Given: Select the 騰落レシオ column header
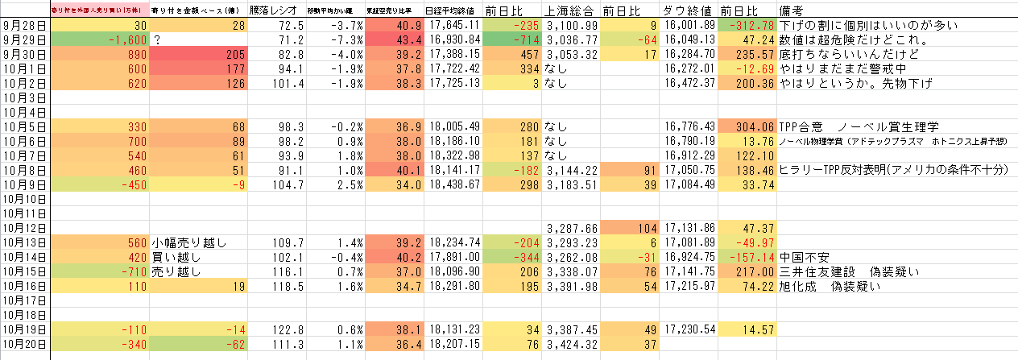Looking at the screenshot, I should tap(272, 10).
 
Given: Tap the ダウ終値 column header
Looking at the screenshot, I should tap(688, 10).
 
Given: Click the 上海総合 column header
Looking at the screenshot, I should tap(571, 10).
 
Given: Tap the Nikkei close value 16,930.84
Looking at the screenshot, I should tap(455, 39).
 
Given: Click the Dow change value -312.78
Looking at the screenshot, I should tap(750, 25).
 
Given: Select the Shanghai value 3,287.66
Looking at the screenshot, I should tap(571, 228).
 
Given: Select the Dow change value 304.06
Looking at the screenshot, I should tap(750, 126).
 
